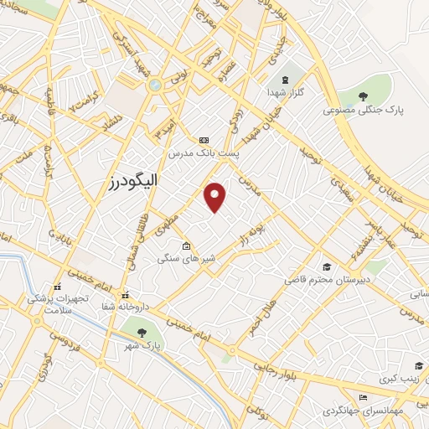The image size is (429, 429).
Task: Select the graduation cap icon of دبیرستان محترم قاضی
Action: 325,267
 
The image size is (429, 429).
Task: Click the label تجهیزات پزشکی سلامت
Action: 57,304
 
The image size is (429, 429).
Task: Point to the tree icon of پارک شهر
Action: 152,332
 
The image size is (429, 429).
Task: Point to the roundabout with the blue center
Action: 154,85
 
